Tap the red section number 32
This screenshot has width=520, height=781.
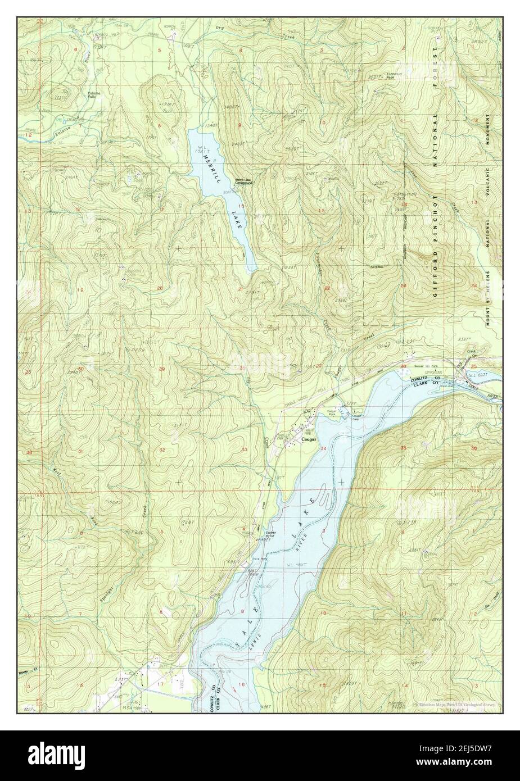[x=162, y=450]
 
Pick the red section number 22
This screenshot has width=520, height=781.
[x=326, y=288]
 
